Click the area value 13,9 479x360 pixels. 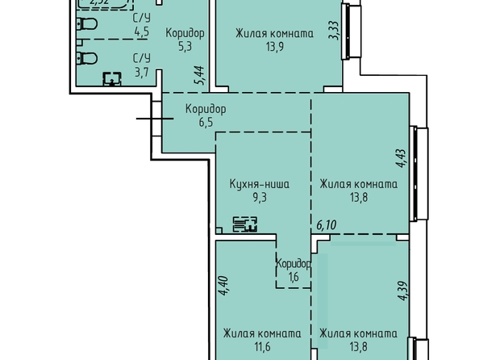pyautogui.click(x=275, y=47)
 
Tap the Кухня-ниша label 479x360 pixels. pyautogui.click(x=260, y=184)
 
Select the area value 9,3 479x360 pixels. pyautogui.click(x=260, y=198)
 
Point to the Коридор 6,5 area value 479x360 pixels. pyautogui.click(x=206, y=123)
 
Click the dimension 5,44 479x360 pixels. pyautogui.click(x=199, y=75)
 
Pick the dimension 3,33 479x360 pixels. pyautogui.click(x=334, y=31)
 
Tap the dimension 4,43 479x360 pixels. pyautogui.click(x=401, y=158)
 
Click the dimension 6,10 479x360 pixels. pyautogui.click(x=327, y=225)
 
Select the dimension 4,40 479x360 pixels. pyautogui.click(x=223, y=286)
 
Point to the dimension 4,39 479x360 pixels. pyautogui.click(x=403, y=291)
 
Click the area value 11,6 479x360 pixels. pyautogui.click(x=262, y=347)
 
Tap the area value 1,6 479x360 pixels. pyautogui.click(x=294, y=277)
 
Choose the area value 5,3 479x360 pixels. pyautogui.click(x=185, y=47)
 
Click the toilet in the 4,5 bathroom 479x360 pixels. pyautogui.click(x=87, y=24)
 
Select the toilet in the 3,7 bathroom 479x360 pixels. pyautogui.click(x=87, y=58)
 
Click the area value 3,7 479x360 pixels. pyautogui.click(x=141, y=73)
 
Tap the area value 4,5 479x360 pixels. pyautogui.click(x=141, y=31)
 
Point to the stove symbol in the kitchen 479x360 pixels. pyautogui.click(x=245, y=224)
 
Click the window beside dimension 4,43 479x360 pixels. pyautogui.click(x=419, y=174)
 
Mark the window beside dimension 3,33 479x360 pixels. pyautogui.click(x=352, y=31)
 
